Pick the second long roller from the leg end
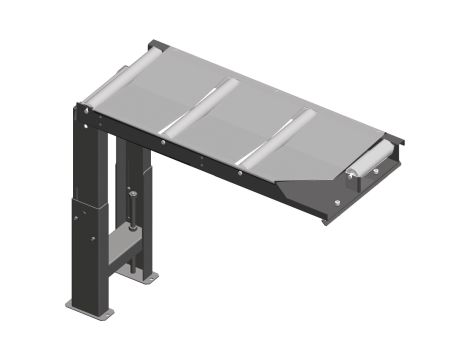[x=199, y=109]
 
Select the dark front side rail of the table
[x=200, y=160]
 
